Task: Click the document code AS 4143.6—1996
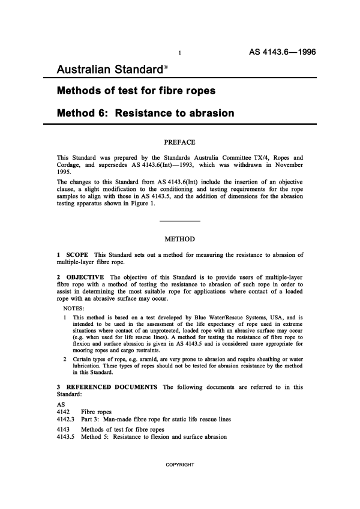[282, 55]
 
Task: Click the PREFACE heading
[180, 142]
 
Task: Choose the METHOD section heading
[180, 239]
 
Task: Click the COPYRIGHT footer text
[180, 465]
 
